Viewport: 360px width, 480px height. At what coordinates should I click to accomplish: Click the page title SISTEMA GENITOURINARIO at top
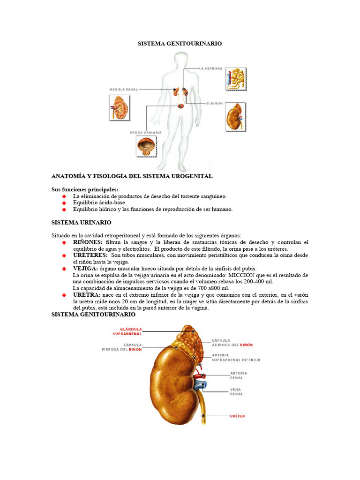(180, 43)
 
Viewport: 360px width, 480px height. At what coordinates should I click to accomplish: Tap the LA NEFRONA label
(210, 68)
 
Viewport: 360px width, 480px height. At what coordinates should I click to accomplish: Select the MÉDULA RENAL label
(123, 89)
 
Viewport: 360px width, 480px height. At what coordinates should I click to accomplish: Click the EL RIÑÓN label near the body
(214, 103)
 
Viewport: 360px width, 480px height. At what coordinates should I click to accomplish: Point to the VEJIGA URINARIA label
(145, 132)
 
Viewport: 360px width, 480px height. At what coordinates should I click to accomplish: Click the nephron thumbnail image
(236, 79)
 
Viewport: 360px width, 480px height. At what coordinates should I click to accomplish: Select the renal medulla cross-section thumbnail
(119, 107)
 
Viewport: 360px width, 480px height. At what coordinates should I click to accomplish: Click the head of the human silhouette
(180, 63)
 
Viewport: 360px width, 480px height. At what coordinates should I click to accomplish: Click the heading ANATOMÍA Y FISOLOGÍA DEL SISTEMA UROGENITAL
(132, 176)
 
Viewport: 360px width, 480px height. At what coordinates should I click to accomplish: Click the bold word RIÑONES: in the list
(88, 242)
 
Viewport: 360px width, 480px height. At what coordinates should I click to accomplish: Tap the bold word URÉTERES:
(90, 255)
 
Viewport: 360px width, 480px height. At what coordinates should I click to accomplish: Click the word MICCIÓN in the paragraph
(243, 275)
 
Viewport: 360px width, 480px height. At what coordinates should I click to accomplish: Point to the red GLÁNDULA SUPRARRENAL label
(127, 331)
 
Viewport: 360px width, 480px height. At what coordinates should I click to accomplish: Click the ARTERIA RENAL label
(239, 375)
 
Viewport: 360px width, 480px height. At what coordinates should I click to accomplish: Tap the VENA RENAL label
(236, 392)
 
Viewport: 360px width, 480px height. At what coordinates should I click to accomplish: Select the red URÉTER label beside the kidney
(237, 416)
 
